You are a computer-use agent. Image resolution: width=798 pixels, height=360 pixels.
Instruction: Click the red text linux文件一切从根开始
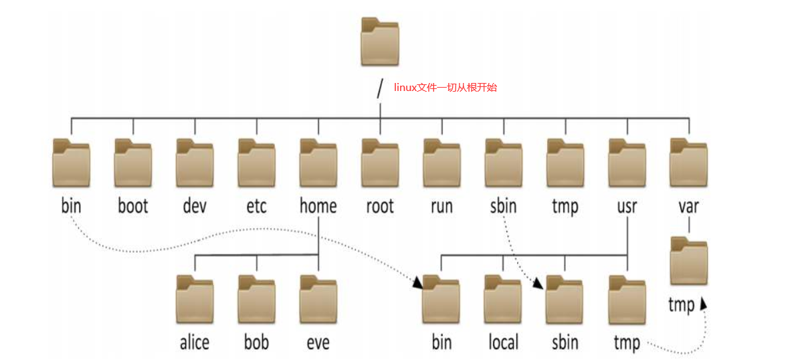pos(445,88)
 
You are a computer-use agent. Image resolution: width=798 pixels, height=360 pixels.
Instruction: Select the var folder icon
pos(688,161)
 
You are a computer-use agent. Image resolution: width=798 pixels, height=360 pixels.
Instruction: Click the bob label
pos(256,343)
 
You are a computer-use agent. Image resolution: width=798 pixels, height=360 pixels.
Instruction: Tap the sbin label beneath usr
pos(565,343)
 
